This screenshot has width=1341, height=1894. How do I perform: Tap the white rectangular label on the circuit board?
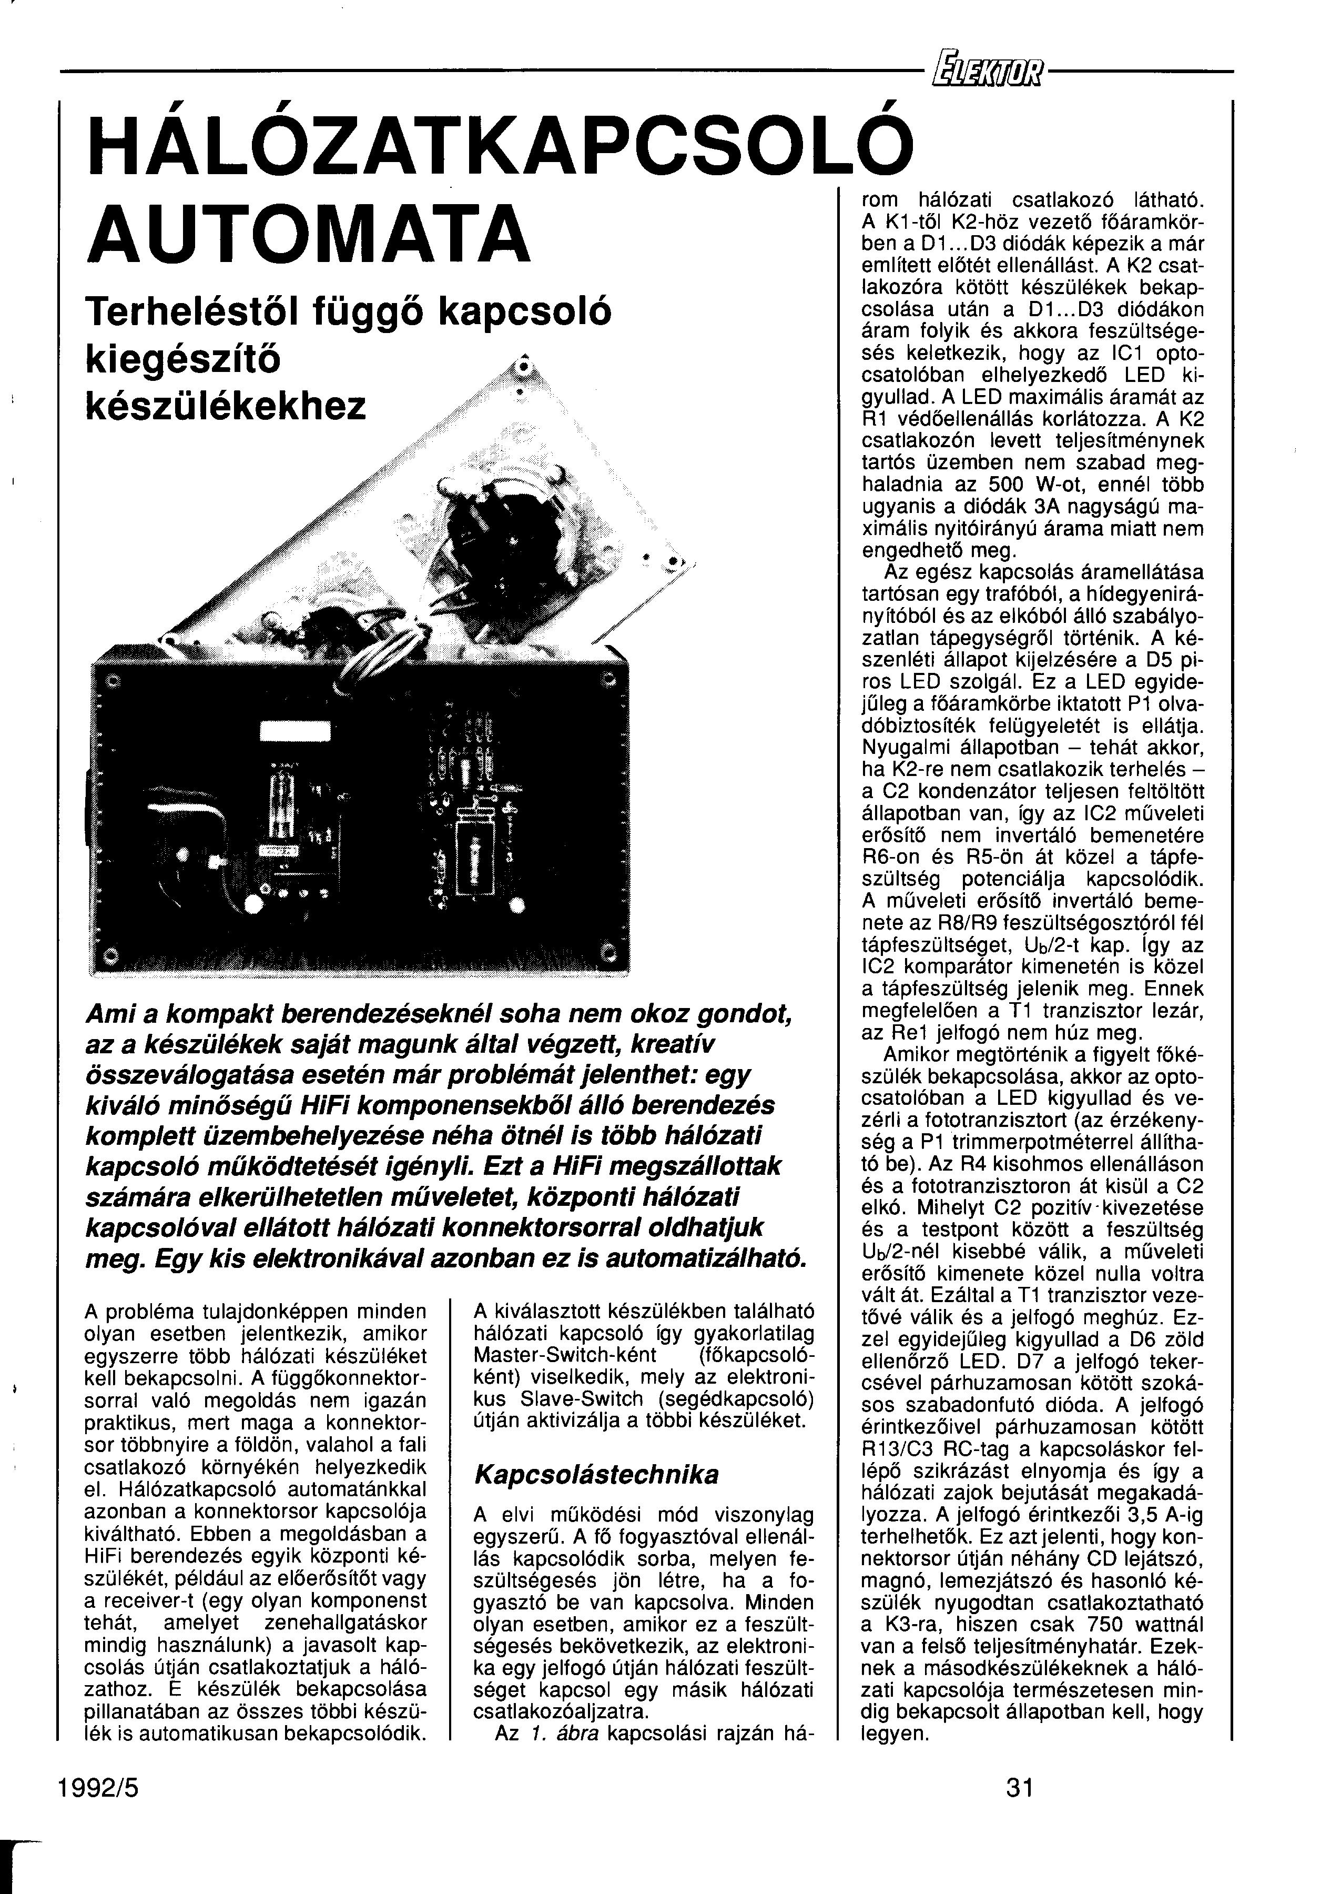[295, 732]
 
